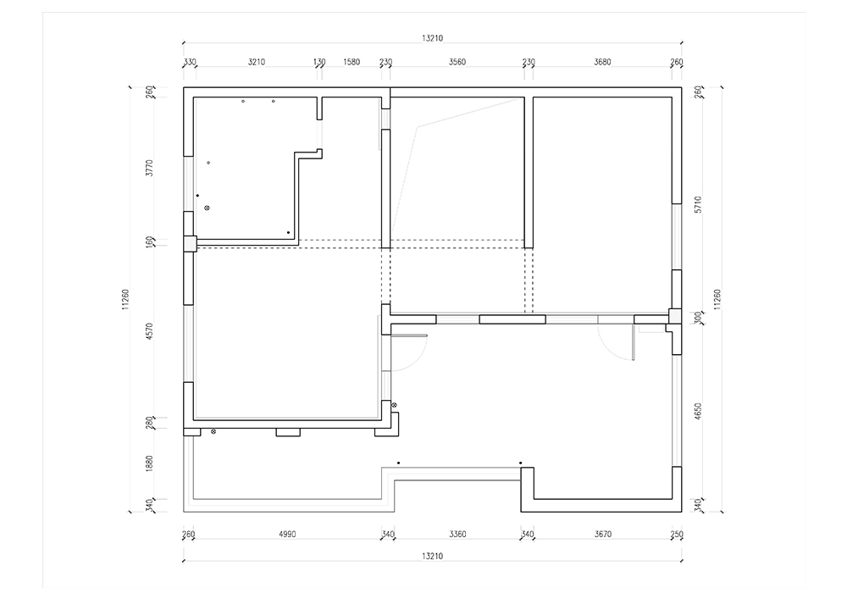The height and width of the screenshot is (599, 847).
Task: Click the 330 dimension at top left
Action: [190, 62]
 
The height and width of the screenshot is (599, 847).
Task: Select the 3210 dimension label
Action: [257, 62]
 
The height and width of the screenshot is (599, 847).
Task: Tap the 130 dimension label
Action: [319, 62]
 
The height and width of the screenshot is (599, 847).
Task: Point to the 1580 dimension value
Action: [352, 62]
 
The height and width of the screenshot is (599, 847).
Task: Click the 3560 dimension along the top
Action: [457, 62]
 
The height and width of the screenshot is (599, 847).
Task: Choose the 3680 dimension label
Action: [602, 62]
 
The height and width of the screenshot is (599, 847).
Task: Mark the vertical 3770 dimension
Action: [150, 168]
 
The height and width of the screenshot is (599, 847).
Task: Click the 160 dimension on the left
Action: [150, 242]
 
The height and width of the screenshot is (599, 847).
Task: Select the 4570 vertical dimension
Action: [150, 331]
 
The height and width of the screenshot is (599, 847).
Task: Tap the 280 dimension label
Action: [150, 422]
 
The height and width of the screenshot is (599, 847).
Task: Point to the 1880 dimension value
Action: [150, 463]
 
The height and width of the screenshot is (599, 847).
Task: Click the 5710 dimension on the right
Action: [698, 205]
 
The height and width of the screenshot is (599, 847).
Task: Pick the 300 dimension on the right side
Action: [698, 317]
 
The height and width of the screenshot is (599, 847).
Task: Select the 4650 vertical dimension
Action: [698, 412]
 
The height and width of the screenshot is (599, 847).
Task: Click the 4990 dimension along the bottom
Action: [287, 534]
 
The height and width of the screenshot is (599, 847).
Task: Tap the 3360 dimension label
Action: [457, 534]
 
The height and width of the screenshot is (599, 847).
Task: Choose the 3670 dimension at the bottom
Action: [603, 534]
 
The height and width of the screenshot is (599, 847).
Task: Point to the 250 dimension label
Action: [676, 534]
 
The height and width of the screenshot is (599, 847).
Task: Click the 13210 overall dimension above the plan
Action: [432, 38]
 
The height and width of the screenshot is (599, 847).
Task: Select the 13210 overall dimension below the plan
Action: [432, 556]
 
